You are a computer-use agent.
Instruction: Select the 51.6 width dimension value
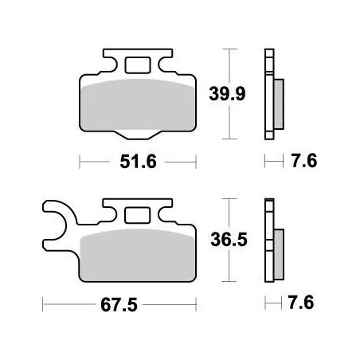(x=139, y=162)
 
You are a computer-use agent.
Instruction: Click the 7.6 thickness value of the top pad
(x=304, y=162)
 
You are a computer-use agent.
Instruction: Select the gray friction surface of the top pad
(x=139, y=104)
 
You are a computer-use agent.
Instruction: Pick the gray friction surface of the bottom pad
(x=135, y=253)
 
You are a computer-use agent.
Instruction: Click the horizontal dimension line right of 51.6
(x=179, y=162)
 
